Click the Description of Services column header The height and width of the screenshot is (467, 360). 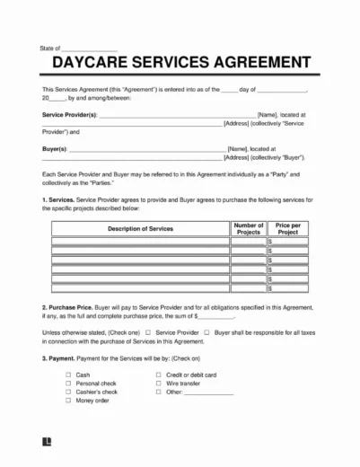139,229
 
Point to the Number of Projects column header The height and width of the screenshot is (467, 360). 248,229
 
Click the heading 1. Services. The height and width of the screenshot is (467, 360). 58,197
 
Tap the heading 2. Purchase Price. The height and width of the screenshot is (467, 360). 68,306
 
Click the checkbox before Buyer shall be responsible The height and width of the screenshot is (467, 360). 206,331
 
